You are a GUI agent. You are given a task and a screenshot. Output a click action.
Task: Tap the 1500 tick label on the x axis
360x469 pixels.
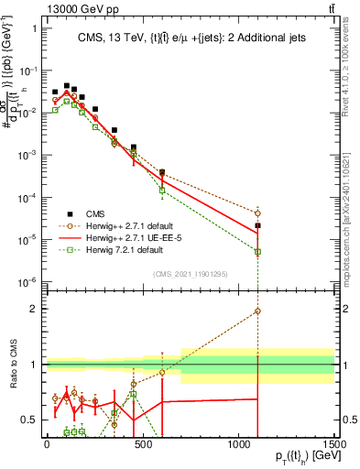(335, 446)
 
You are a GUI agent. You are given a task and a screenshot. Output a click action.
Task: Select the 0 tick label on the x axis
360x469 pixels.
(46, 446)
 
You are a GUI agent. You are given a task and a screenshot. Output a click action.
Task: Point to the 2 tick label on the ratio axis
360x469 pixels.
(33, 310)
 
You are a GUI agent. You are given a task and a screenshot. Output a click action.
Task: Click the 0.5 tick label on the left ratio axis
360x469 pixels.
(28, 420)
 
